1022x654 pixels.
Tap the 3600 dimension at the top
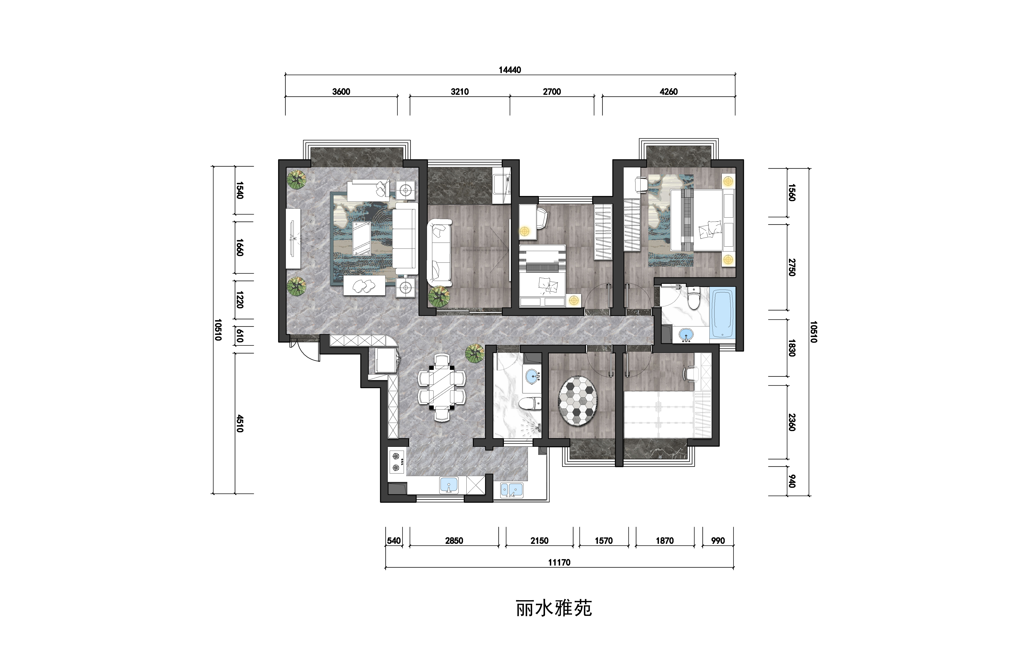tap(341, 92)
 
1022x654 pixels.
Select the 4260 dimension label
tap(669, 92)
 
